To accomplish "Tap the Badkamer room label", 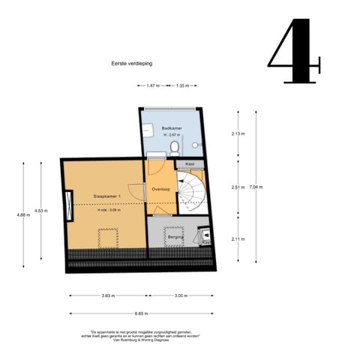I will point(172,129).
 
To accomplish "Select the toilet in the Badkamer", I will point(174,145).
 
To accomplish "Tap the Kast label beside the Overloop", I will point(190,163).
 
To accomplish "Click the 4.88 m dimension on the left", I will point(22,215).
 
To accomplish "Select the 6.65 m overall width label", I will point(141,313).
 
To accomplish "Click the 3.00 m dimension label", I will point(181,295).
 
